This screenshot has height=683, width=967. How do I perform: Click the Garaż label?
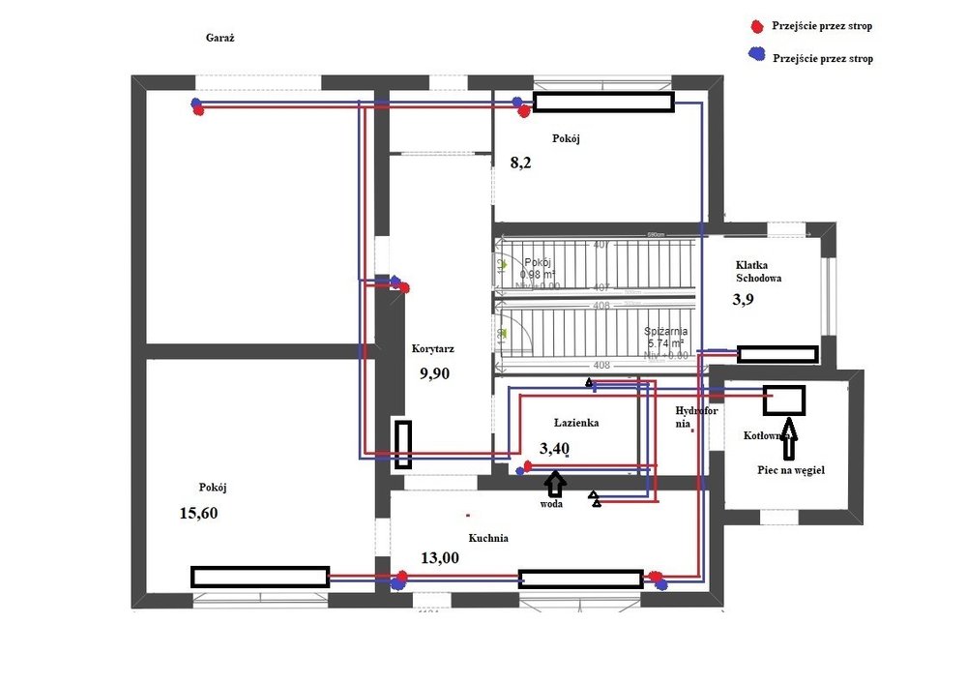[x=221, y=39]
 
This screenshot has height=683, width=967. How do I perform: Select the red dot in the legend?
[x=754, y=25]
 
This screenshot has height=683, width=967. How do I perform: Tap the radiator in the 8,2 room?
[x=603, y=103]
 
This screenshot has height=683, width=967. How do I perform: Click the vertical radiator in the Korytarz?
[x=402, y=444]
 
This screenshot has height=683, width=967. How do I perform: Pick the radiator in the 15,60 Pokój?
[x=259, y=578]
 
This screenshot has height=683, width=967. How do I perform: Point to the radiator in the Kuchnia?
[x=580, y=579]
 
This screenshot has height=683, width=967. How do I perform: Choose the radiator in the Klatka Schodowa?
[x=777, y=354]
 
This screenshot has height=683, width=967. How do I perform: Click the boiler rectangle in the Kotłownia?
[x=784, y=399]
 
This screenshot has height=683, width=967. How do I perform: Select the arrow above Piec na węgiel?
[x=789, y=436]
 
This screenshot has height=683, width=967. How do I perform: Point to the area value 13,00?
[x=440, y=557]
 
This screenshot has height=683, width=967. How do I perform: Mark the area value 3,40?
[x=554, y=447]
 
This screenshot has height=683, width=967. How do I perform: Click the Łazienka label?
[x=577, y=423]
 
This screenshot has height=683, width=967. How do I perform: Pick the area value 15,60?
[x=198, y=513]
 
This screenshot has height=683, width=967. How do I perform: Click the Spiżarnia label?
[x=665, y=332]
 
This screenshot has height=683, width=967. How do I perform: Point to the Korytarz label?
[x=431, y=349]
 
